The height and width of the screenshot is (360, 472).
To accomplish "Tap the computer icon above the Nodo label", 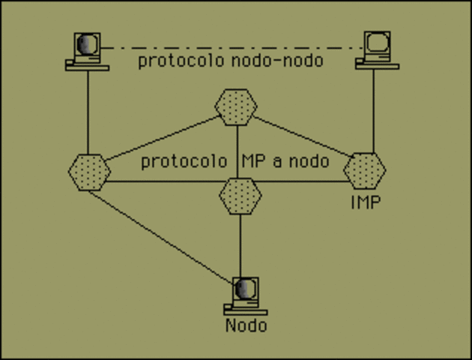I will [244, 295].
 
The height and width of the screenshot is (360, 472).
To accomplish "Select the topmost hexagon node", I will [236, 107].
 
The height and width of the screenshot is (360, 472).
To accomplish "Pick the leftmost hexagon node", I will [89, 171].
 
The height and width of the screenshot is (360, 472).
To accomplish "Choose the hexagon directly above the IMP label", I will [365, 169].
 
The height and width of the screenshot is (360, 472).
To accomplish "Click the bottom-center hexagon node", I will [240, 196].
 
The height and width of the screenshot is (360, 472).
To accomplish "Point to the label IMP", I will [366, 202].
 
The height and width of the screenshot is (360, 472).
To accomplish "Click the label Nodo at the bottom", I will [246, 325].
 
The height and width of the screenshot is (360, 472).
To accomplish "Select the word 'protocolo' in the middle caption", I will [184, 161].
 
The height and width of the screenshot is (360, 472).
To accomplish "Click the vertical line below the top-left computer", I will [88, 112].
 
